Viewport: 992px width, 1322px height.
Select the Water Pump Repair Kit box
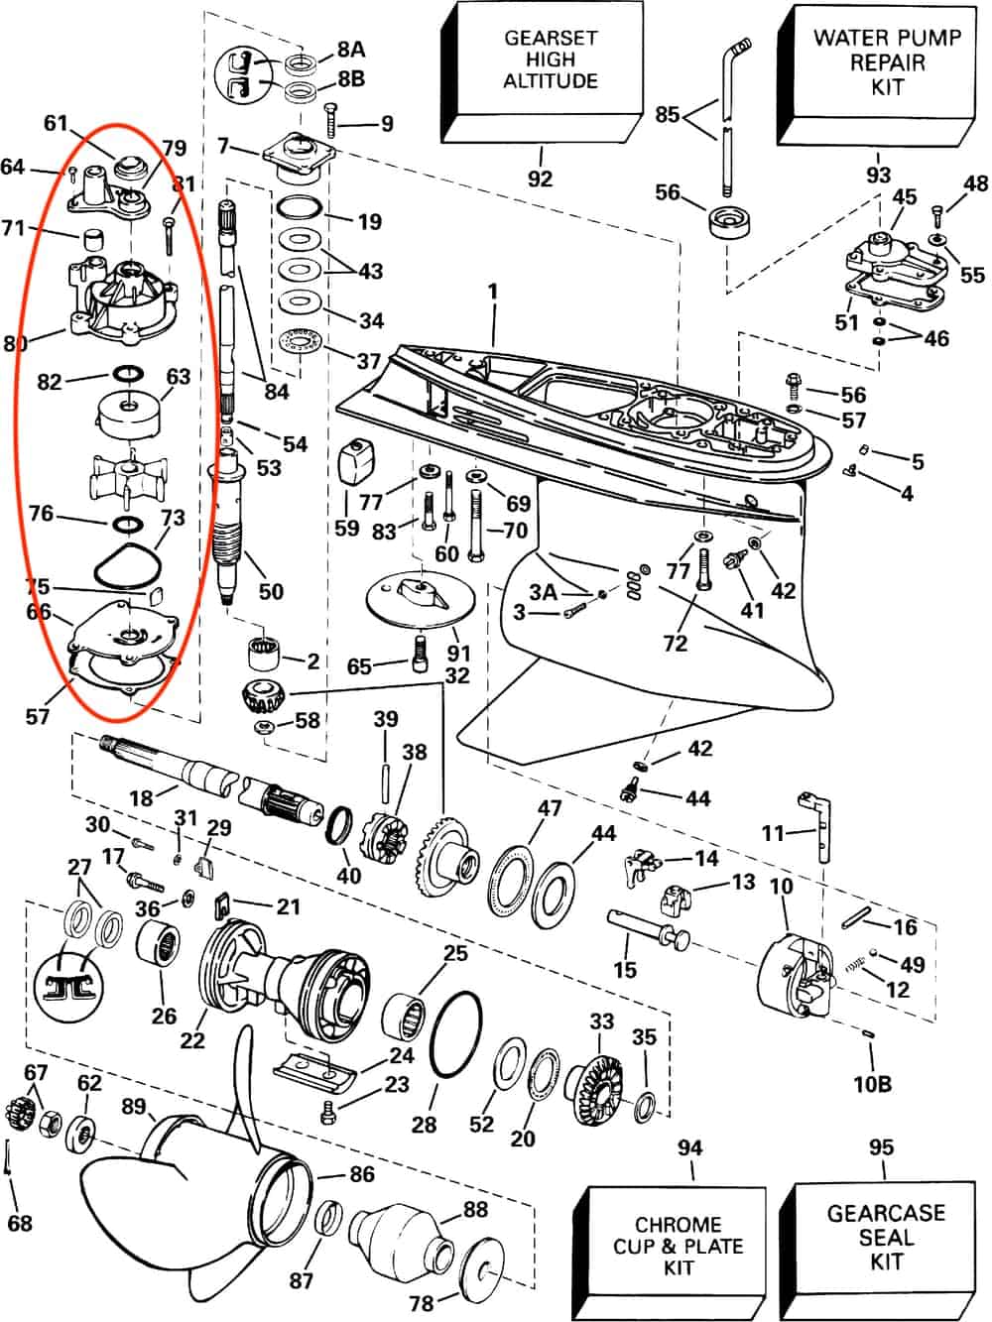coord(887,61)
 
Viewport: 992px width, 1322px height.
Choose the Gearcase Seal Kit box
coord(886,1237)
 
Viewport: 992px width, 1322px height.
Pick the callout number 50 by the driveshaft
coord(270,591)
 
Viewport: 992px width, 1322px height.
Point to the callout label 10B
coord(872,1084)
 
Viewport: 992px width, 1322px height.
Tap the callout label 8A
coord(351,49)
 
